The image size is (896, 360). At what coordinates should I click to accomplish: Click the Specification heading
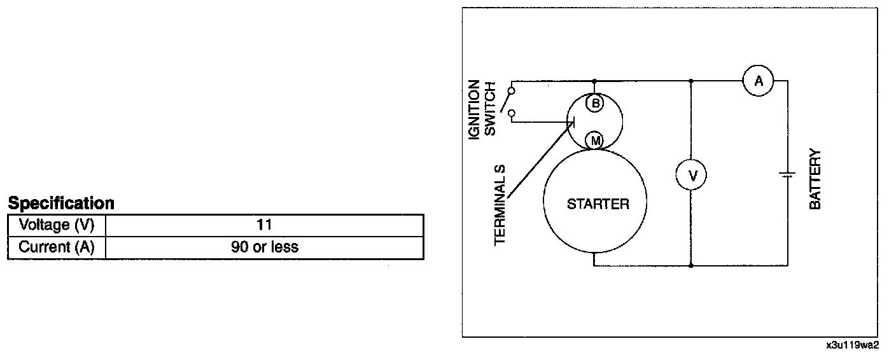[x=61, y=204]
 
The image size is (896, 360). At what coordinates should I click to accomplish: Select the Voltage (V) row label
[x=57, y=225]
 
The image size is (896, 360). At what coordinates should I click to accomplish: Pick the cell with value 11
[x=264, y=225]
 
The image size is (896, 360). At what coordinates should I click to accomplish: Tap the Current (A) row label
[x=57, y=247]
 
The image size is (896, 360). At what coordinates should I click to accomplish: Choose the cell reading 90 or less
[x=264, y=247]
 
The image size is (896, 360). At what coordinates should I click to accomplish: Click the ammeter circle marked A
[x=758, y=81]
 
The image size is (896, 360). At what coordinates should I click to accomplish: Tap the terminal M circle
[x=594, y=141]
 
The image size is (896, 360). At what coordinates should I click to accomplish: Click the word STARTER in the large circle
[x=598, y=204]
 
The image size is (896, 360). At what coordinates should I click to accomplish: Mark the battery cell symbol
[x=787, y=174]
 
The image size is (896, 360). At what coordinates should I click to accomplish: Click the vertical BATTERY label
[x=815, y=179]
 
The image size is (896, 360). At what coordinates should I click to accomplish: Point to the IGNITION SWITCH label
[x=482, y=108]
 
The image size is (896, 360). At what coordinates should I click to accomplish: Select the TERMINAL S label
[x=500, y=205]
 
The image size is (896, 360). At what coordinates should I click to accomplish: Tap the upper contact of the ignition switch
[x=512, y=90]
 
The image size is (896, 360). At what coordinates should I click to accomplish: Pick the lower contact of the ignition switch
[x=512, y=113]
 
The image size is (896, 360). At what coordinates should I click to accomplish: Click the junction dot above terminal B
[x=594, y=81]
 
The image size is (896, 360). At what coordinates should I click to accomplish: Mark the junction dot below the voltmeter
[x=692, y=265]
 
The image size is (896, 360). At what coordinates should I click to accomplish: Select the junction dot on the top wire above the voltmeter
[x=692, y=81]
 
